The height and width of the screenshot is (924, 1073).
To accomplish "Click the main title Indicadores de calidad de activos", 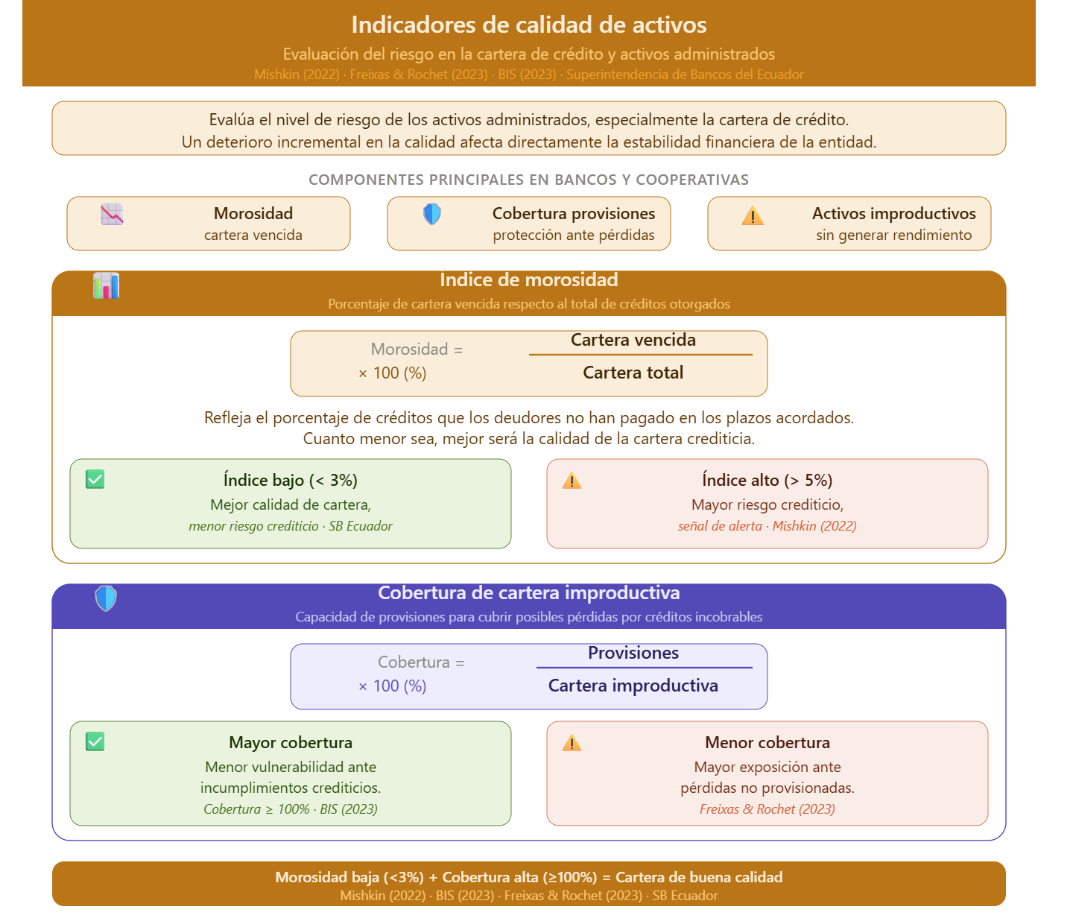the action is (528, 25).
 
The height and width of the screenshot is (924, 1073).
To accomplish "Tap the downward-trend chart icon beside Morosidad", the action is (112, 214).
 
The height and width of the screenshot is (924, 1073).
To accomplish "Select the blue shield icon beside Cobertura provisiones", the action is (432, 214).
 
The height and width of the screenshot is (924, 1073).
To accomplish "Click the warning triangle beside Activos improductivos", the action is (752, 215).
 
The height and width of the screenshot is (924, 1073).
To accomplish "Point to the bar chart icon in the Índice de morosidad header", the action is (106, 285).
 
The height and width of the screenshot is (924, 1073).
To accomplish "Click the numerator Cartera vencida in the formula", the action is (633, 340).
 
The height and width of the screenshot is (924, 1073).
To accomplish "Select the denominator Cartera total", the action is (633, 373).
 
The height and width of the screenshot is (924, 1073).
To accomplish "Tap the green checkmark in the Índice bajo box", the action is (95, 479).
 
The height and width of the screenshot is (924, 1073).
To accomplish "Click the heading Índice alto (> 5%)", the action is (767, 480).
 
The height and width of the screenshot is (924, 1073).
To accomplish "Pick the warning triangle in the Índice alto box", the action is (572, 480).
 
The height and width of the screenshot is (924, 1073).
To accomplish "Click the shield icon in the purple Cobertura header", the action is (106, 598).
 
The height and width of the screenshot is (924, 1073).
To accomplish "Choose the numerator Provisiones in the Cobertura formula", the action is (633, 653).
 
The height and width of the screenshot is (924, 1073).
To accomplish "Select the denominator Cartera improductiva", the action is (633, 686).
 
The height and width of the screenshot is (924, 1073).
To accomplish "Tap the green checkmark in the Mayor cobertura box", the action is (95, 741).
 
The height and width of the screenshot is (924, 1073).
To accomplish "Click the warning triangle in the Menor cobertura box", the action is (572, 742).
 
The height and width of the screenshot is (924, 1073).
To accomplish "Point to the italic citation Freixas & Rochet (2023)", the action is (767, 808).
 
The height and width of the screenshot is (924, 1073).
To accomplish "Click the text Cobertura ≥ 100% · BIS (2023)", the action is (290, 808).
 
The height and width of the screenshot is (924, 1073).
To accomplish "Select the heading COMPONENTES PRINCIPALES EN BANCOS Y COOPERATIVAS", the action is (528, 180).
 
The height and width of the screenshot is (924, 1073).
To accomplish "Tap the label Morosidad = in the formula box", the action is (417, 349).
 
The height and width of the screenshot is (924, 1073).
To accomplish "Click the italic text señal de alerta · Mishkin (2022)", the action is (767, 526).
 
